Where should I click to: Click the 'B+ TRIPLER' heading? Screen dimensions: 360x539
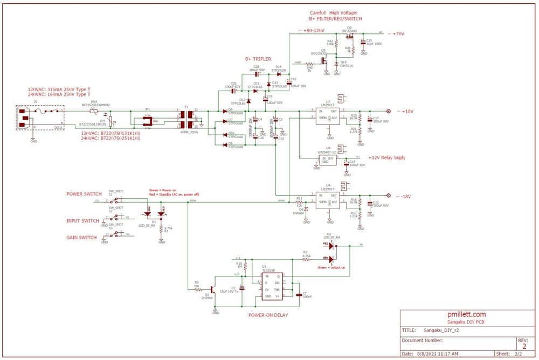click(258, 59)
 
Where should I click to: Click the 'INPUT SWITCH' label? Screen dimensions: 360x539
click(82, 221)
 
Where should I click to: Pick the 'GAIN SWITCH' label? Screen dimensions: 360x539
click(81, 238)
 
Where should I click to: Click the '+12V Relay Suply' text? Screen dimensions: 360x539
click(386, 158)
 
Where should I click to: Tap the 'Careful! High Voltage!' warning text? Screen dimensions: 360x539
click(333, 12)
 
